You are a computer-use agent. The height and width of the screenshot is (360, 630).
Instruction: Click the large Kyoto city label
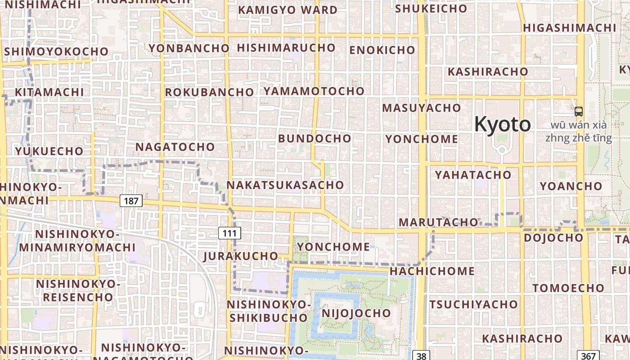(503, 124)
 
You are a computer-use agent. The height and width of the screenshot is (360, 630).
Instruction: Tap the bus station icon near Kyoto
(579, 111)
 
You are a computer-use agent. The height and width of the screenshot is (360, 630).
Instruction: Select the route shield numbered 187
(131, 201)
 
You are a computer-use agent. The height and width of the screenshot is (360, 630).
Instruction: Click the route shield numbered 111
(229, 233)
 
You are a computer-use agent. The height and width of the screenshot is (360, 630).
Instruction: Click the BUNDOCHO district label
(315, 138)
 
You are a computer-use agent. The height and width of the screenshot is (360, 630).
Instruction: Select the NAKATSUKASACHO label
(285, 185)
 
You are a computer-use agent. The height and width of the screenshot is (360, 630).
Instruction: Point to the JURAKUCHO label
(241, 256)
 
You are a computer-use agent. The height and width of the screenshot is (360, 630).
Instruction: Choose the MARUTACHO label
(438, 222)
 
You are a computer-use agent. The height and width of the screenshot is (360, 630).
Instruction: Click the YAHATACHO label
(473, 175)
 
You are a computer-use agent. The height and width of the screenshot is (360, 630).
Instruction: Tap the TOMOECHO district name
(569, 288)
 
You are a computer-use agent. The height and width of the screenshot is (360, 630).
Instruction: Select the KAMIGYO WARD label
(288, 10)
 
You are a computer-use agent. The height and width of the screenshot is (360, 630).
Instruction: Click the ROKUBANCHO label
(209, 92)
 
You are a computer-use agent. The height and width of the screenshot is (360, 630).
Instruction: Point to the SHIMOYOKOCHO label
(56, 51)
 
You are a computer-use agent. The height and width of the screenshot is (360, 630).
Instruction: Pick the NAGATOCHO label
(175, 147)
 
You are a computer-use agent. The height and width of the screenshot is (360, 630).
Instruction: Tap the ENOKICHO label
(382, 50)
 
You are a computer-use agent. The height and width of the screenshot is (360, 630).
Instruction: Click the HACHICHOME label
(432, 271)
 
